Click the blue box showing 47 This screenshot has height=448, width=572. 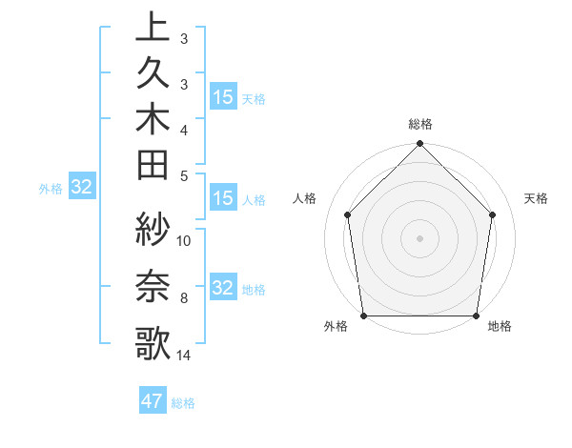pyautogui.click(x=153, y=401)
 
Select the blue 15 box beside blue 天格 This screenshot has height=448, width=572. pyautogui.click(x=223, y=96)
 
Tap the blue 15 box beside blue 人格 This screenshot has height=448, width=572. pyautogui.click(x=223, y=198)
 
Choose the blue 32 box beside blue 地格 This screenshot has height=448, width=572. pyautogui.click(x=223, y=288)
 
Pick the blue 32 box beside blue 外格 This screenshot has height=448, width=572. pyautogui.click(x=82, y=187)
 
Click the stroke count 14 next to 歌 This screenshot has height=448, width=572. pyautogui.click(x=184, y=356)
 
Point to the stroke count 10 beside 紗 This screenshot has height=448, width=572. pyautogui.click(x=185, y=240)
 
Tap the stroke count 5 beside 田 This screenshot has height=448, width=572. pyautogui.click(x=185, y=175)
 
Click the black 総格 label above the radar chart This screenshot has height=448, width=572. pyautogui.click(x=420, y=124)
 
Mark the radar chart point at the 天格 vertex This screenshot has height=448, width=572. pyautogui.click(x=493, y=214)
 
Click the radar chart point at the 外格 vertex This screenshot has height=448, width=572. pyautogui.click(x=364, y=316)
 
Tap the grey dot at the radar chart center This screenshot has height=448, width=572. pyautogui.click(x=420, y=237)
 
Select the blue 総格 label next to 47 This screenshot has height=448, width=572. pyautogui.click(x=183, y=403)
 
